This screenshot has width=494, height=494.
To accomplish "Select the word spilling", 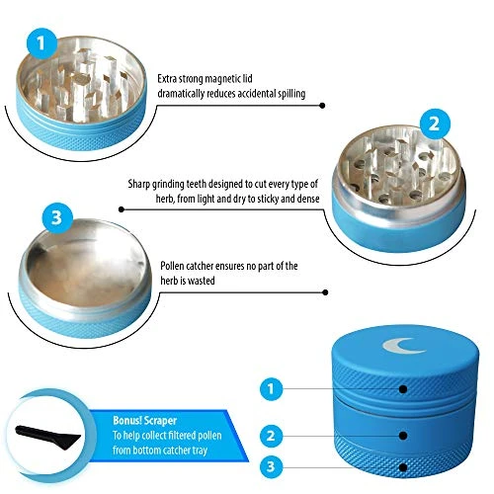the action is coord(291,94).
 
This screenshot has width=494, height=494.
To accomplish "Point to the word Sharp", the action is coord(139,184).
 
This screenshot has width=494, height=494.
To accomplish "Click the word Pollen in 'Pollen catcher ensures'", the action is coord(172,266).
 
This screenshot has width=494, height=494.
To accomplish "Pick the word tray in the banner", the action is coord(200,451).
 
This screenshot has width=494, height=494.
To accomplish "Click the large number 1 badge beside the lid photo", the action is coord(41,43).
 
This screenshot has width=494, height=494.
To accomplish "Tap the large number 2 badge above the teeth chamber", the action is coord(435,124).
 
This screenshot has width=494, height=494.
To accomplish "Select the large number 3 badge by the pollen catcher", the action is coord(57,218).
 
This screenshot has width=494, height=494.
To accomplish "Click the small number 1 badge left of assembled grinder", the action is coord(272,389).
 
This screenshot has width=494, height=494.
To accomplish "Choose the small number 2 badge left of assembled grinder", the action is coord(272,436).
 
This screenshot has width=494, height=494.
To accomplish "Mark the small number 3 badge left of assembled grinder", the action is coord(272,466).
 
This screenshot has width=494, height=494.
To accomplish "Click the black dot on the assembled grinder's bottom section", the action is coord(403,467).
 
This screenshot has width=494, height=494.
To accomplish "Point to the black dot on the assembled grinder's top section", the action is coord(403,389).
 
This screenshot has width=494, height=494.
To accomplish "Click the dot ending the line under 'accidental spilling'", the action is coord(323,106).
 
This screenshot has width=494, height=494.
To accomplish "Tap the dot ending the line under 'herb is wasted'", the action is coord(325,292).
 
